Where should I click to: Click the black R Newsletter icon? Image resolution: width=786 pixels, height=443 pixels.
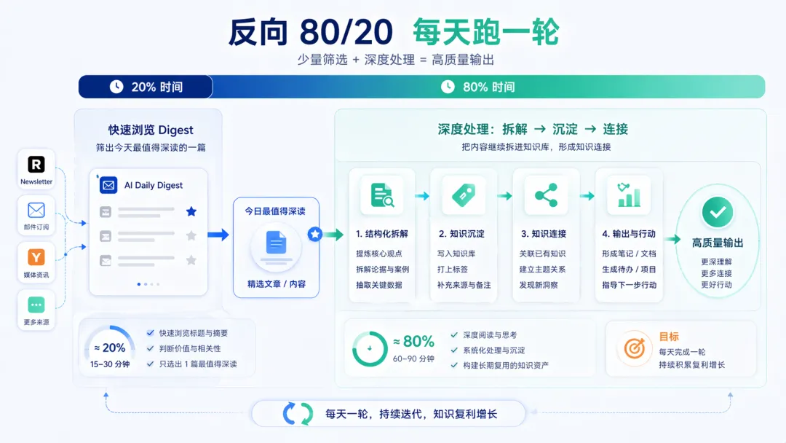pos(36,164)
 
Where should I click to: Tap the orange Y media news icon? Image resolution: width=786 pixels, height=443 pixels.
pos(36,256)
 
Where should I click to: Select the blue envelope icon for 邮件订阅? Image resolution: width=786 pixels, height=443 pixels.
pos(36,211)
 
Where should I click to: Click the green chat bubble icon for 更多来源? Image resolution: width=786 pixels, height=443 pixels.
pos(36,305)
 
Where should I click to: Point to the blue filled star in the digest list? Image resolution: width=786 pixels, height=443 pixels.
pos(191,211)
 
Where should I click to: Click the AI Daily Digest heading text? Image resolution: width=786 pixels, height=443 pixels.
pos(154,185)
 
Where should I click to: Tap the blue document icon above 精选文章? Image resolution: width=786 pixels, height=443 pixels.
pos(276,243)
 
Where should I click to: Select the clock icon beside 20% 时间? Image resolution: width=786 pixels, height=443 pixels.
pos(116,87)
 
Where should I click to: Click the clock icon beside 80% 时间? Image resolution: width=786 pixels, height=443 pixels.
pos(448,87)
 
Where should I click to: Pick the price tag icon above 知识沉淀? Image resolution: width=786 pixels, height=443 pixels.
pos(464,195)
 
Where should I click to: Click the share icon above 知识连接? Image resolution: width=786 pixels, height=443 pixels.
pos(546,195)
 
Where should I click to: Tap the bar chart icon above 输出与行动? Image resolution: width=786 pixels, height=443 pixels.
pos(628,195)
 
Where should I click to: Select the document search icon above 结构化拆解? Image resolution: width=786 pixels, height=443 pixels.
pos(381,195)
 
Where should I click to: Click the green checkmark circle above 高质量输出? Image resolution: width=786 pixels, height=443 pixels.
pos(717,212)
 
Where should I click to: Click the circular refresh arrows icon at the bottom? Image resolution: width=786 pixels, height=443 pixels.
pos(298,414)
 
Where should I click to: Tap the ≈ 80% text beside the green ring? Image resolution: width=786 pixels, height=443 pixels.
pos(413,341)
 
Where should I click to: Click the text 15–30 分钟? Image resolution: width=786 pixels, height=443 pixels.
pos(110,364)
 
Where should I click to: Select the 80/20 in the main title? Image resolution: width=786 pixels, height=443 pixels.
pos(346,32)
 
